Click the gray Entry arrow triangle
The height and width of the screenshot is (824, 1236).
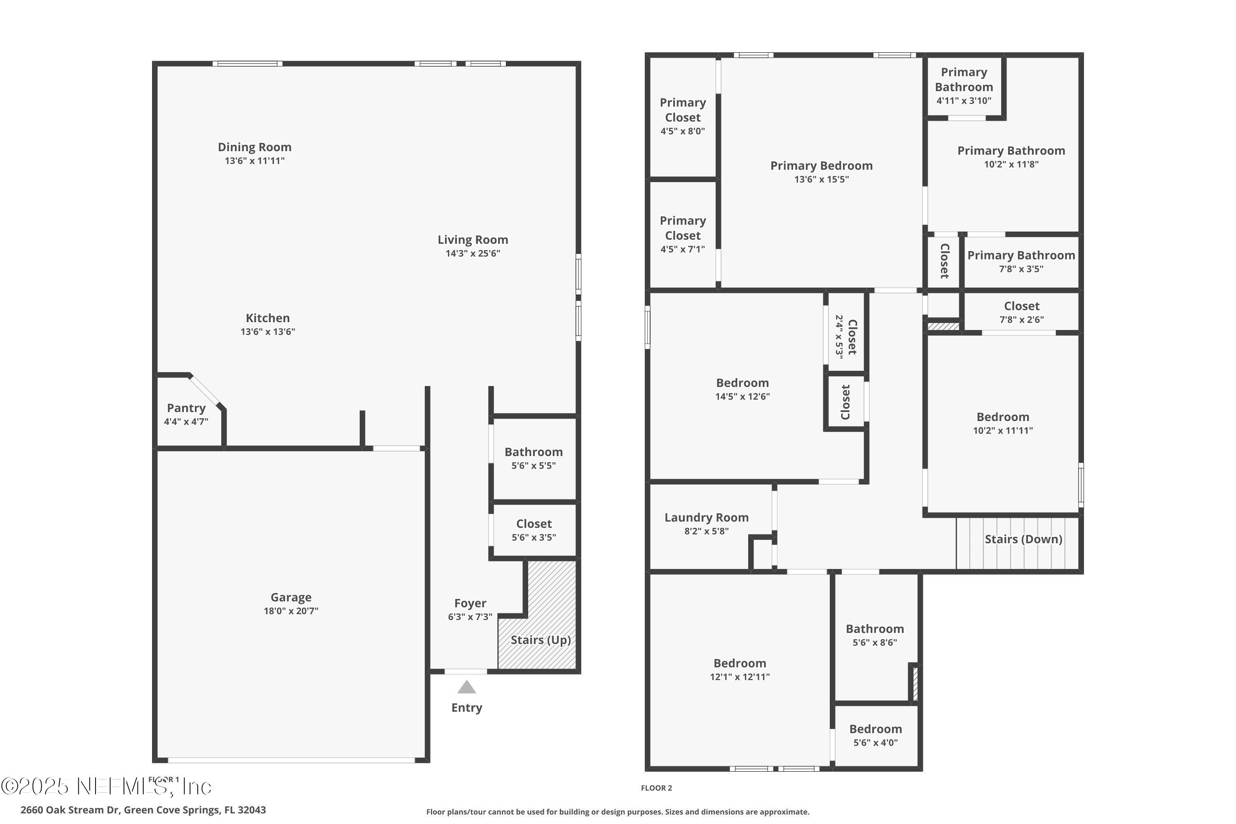coord(466,687)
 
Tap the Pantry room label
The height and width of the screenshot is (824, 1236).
coord(186,408)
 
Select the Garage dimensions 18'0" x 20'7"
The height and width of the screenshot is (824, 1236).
coord(290,611)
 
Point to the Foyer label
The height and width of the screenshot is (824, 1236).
coord(470,603)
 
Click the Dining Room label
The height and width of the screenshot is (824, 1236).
coord(254,147)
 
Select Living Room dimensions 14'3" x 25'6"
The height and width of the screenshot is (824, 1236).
coord(473,253)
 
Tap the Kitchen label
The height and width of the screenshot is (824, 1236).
coord(267,318)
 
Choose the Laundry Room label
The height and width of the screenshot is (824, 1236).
coord(706,517)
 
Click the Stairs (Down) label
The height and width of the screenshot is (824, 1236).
coord(1023,539)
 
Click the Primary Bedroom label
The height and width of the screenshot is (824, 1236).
coord(821,166)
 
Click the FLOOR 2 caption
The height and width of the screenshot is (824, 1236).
coord(656,788)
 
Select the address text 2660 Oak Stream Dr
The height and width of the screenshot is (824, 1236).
coord(70,810)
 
